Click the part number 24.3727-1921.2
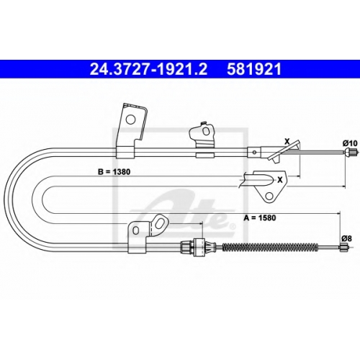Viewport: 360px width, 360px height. (x=148, y=70)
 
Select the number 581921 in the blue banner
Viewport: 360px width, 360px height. (x=254, y=70)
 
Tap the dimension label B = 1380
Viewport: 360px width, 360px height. (x=114, y=172)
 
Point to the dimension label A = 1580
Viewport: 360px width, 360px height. (x=260, y=217)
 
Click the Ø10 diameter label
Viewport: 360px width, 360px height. (x=350, y=143)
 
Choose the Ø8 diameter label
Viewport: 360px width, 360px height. (x=346, y=238)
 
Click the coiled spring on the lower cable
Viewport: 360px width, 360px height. (x=271, y=247)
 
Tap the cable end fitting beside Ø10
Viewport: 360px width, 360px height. (x=350, y=152)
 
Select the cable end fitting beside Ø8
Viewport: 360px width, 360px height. (x=343, y=247)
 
